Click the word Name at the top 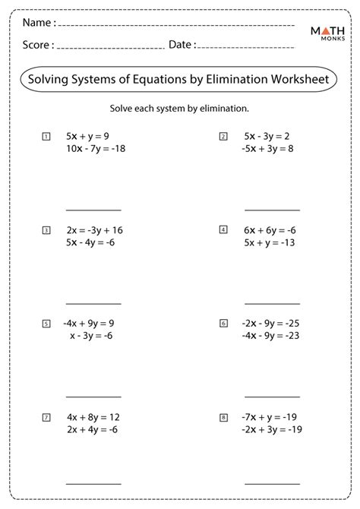tap(37, 24)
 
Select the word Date tap(181, 45)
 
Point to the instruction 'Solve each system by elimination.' tap(179, 108)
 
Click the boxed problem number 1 tap(46, 137)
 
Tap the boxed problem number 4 tap(223, 229)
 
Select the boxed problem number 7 tap(46, 417)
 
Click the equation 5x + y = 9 tap(87, 137)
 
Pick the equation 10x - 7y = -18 tap(96, 149)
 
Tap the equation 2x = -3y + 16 tap(95, 230)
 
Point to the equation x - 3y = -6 tap(90, 336)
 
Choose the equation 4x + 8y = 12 tap(93, 417)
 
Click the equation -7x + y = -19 tap(268, 417)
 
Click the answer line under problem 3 tap(93, 302)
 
